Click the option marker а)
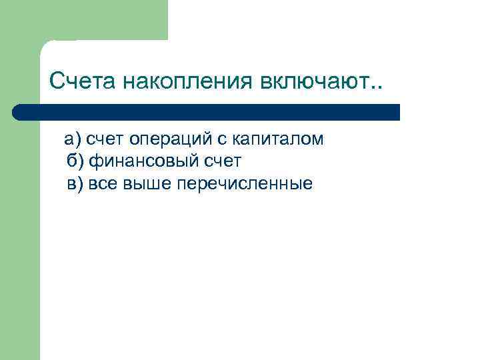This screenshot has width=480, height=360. coord(72,139)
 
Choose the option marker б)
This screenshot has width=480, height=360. coord(75,161)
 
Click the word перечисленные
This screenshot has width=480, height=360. coord(245,183)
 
